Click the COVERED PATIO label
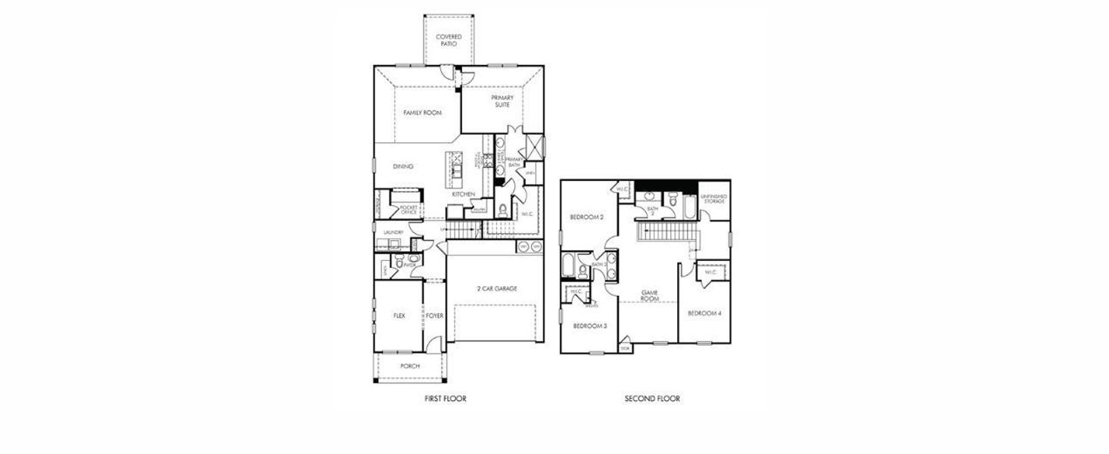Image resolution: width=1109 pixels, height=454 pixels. click(449, 40)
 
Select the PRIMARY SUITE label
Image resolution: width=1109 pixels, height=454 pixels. click(502, 101)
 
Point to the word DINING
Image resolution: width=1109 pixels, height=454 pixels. click(403, 166)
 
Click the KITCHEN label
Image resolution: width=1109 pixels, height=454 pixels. click(463, 194)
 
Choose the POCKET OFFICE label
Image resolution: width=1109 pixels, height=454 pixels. click(409, 210)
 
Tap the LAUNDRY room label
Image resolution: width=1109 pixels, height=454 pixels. click(393, 232)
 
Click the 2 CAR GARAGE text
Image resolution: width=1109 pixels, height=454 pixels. click(495, 289)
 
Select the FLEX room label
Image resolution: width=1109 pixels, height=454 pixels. click(399, 316)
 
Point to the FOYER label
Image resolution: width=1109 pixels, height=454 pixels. click(434, 316)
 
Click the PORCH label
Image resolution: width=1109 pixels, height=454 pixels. click(410, 366)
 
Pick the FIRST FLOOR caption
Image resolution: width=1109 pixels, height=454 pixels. click(446, 399)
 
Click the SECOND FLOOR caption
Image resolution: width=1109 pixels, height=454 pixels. click(652, 399)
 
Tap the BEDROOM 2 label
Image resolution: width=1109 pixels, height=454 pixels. click(586, 217)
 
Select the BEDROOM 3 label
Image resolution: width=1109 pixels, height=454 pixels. click(590, 326)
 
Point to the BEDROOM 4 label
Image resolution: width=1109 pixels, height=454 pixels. click(704, 313)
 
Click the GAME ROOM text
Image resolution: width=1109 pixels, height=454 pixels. click(650, 295)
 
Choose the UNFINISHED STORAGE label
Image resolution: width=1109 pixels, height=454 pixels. click(714, 199)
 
